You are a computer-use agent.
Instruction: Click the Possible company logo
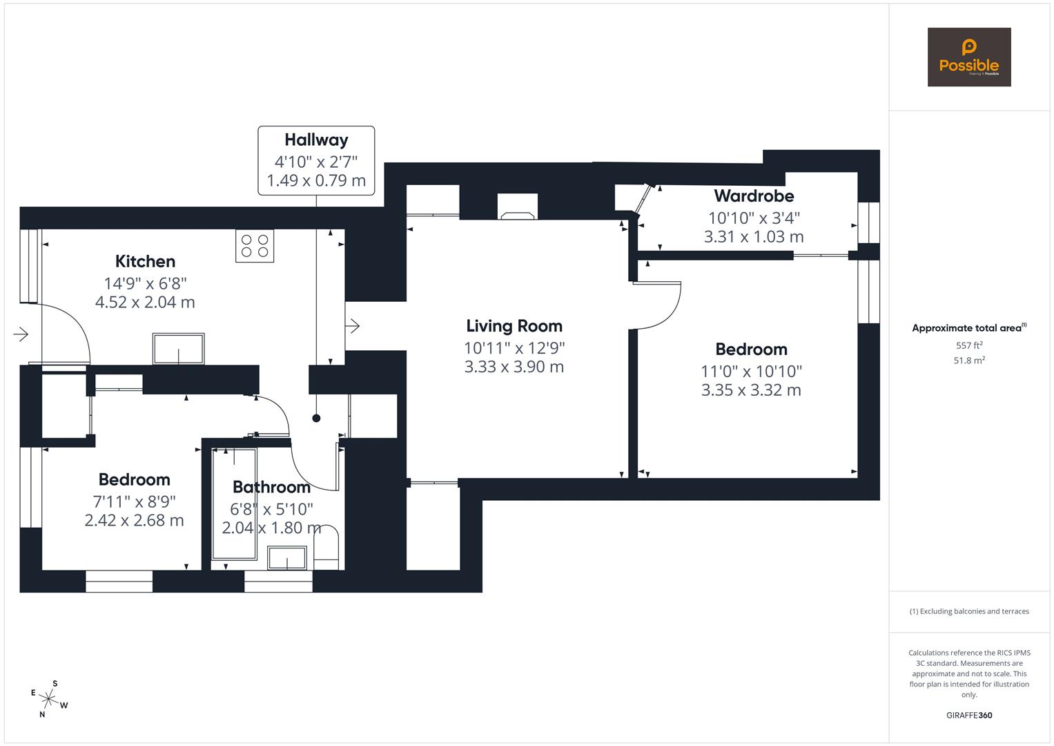point(968,57)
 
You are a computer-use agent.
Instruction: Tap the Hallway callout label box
point(316,160)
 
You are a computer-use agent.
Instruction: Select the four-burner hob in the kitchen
point(255,246)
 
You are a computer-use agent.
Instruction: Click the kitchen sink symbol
point(179,349)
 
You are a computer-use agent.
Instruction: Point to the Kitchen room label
point(145,261)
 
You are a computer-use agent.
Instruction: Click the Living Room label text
point(514,326)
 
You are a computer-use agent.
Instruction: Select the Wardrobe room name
point(754,196)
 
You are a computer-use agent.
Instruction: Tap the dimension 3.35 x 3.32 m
point(751,390)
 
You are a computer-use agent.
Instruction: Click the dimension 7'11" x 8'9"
point(135,501)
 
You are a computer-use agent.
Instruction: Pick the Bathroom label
point(271,487)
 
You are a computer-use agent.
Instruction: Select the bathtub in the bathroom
point(234,504)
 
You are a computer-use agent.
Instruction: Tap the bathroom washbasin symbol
point(287,557)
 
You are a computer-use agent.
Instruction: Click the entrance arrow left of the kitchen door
point(21,334)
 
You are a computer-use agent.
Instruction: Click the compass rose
point(49,698)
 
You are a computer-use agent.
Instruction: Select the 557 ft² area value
point(968,345)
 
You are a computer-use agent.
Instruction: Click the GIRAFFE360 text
point(968,715)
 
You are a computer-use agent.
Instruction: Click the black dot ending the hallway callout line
point(316,418)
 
